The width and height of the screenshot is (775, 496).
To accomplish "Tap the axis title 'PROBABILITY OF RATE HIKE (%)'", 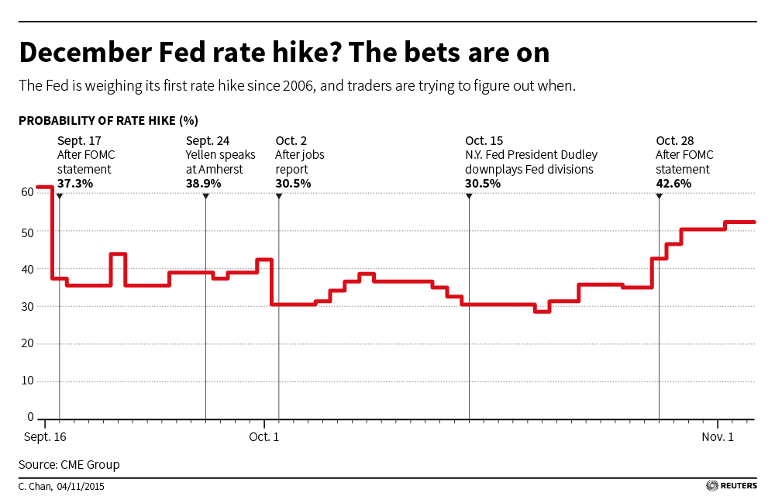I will click(108, 121).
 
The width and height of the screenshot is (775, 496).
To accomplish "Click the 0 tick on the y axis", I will click(31, 418).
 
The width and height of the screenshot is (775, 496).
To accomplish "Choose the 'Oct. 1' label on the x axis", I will click(264, 438).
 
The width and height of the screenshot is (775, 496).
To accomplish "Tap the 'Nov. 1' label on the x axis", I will click(718, 438).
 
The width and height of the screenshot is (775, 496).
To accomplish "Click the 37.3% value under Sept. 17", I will click(75, 184).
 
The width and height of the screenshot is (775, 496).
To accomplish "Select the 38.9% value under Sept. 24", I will click(203, 184).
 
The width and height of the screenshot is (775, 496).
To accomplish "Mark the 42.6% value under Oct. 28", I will click(673, 184).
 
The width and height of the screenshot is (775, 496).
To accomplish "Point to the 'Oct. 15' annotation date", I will click(484, 140).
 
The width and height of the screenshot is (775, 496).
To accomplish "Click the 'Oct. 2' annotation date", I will click(291, 140).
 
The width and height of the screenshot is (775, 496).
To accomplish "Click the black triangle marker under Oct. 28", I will click(659, 196).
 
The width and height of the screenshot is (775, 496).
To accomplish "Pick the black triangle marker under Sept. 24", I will click(205, 196).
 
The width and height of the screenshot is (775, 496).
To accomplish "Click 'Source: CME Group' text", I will click(69, 465).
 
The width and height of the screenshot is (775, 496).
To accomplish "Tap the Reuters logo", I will click(731, 486).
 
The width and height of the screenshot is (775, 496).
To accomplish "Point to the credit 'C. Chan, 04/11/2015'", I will click(61, 487).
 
